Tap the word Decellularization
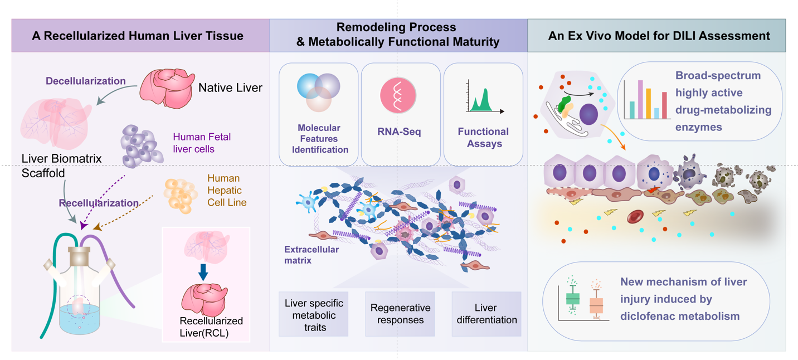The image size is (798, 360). tap(85, 81)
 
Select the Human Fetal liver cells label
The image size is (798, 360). tap(201, 142)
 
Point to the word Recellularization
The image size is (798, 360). tap(99, 203)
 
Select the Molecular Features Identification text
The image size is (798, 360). tap(318, 139)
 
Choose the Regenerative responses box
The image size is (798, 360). tap(400, 314)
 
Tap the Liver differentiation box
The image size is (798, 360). tap(486, 314)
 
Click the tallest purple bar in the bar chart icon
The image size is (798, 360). tap(640, 100)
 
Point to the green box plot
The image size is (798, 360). tap(572, 298)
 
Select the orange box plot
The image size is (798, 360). tap(596, 305)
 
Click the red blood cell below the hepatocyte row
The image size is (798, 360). tap(636, 217)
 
